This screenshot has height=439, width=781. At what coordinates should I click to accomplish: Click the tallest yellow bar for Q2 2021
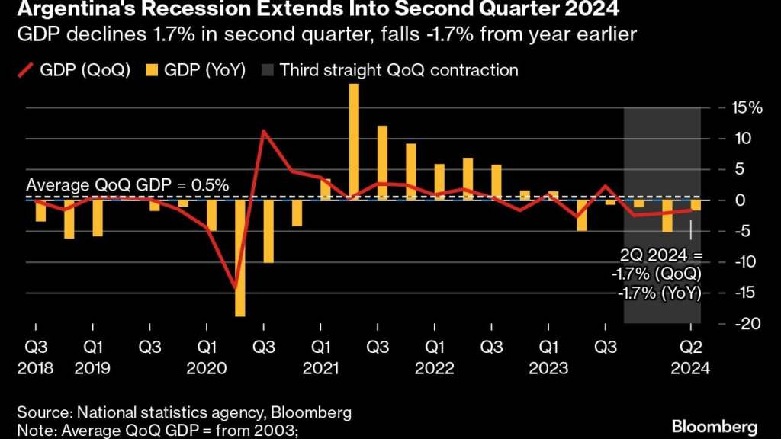[x=354, y=142]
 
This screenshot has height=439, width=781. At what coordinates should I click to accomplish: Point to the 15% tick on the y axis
[x=744, y=108]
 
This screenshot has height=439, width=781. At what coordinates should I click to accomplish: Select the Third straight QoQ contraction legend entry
[x=390, y=71]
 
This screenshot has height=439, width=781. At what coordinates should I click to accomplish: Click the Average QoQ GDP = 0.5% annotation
[x=127, y=185]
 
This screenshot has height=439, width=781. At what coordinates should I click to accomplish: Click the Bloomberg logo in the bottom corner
[x=715, y=425]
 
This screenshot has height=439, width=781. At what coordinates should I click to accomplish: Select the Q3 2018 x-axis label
[x=36, y=357]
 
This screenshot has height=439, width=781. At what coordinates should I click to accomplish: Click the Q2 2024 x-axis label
[x=691, y=357]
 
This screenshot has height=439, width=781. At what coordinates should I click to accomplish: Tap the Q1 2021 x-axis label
[x=321, y=357]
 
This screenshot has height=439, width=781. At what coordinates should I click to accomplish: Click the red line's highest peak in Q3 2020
[x=263, y=131]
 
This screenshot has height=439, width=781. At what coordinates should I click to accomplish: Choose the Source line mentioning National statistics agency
[x=184, y=413]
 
